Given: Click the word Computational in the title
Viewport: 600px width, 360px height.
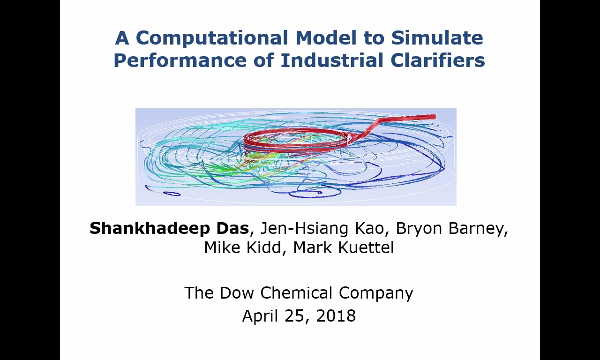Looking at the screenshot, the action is click(212, 38).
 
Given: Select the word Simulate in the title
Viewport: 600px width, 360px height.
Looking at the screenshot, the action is click(437, 38).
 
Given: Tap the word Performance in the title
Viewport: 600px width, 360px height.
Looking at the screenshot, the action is click(180, 60).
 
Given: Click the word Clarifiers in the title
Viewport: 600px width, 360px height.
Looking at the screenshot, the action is click(438, 60).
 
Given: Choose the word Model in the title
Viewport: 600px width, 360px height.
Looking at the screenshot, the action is click(326, 38).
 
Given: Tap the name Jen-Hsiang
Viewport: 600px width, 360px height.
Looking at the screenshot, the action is click(304, 228).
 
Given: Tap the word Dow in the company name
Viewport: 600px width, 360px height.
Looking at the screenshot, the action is click(237, 292).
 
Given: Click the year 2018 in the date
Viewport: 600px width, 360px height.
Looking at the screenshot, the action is click(336, 315).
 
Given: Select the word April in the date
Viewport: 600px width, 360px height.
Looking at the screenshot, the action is click(260, 316).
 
